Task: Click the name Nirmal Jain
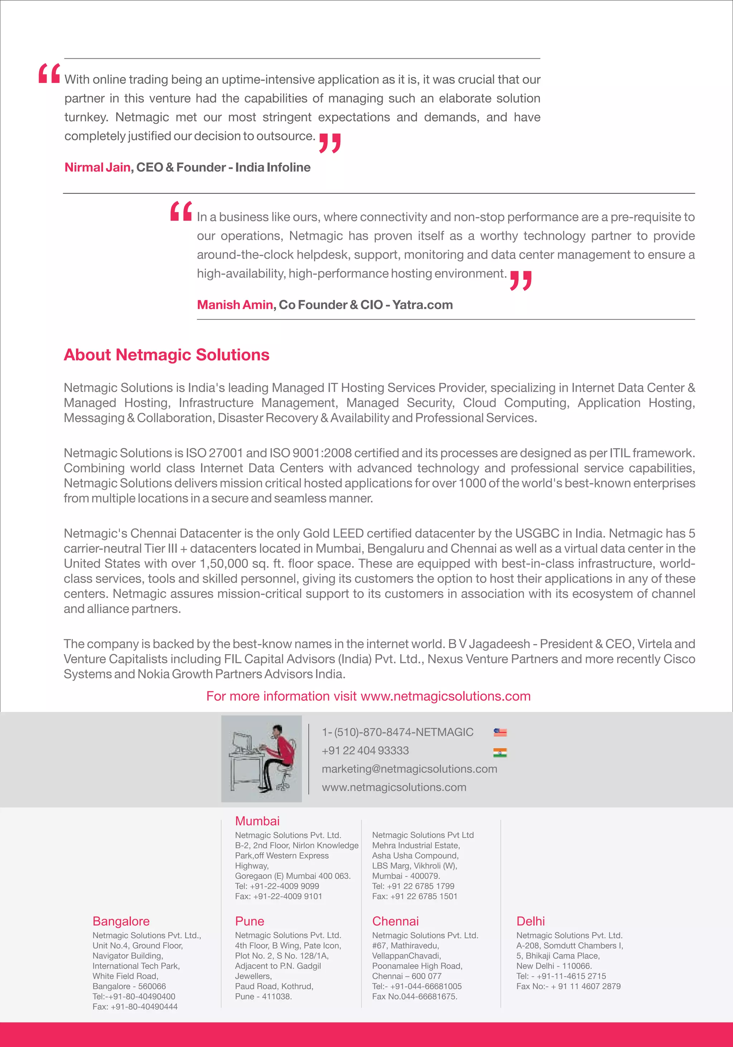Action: pyautogui.click(x=97, y=167)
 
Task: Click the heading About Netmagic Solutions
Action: pyautogui.click(x=166, y=355)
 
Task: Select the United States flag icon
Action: pyautogui.click(x=500, y=732)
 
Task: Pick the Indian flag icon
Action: pyautogui.click(x=500, y=753)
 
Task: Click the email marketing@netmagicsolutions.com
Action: pyautogui.click(x=409, y=769)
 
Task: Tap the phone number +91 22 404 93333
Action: pyautogui.click(x=365, y=751)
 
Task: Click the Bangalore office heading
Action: pyautogui.click(x=121, y=921)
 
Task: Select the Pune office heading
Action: pyautogui.click(x=249, y=921)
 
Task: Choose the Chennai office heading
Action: pyautogui.click(x=395, y=921)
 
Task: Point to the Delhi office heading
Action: pyautogui.click(x=530, y=921)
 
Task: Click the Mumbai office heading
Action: pyautogui.click(x=257, y=821)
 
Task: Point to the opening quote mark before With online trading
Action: pyautogui.click(x=49, y=73)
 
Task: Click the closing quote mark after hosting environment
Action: pyautogui.click(x=520, y=281)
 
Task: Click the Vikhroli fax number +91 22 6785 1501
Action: pyautogui.click(x=423, y=896)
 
